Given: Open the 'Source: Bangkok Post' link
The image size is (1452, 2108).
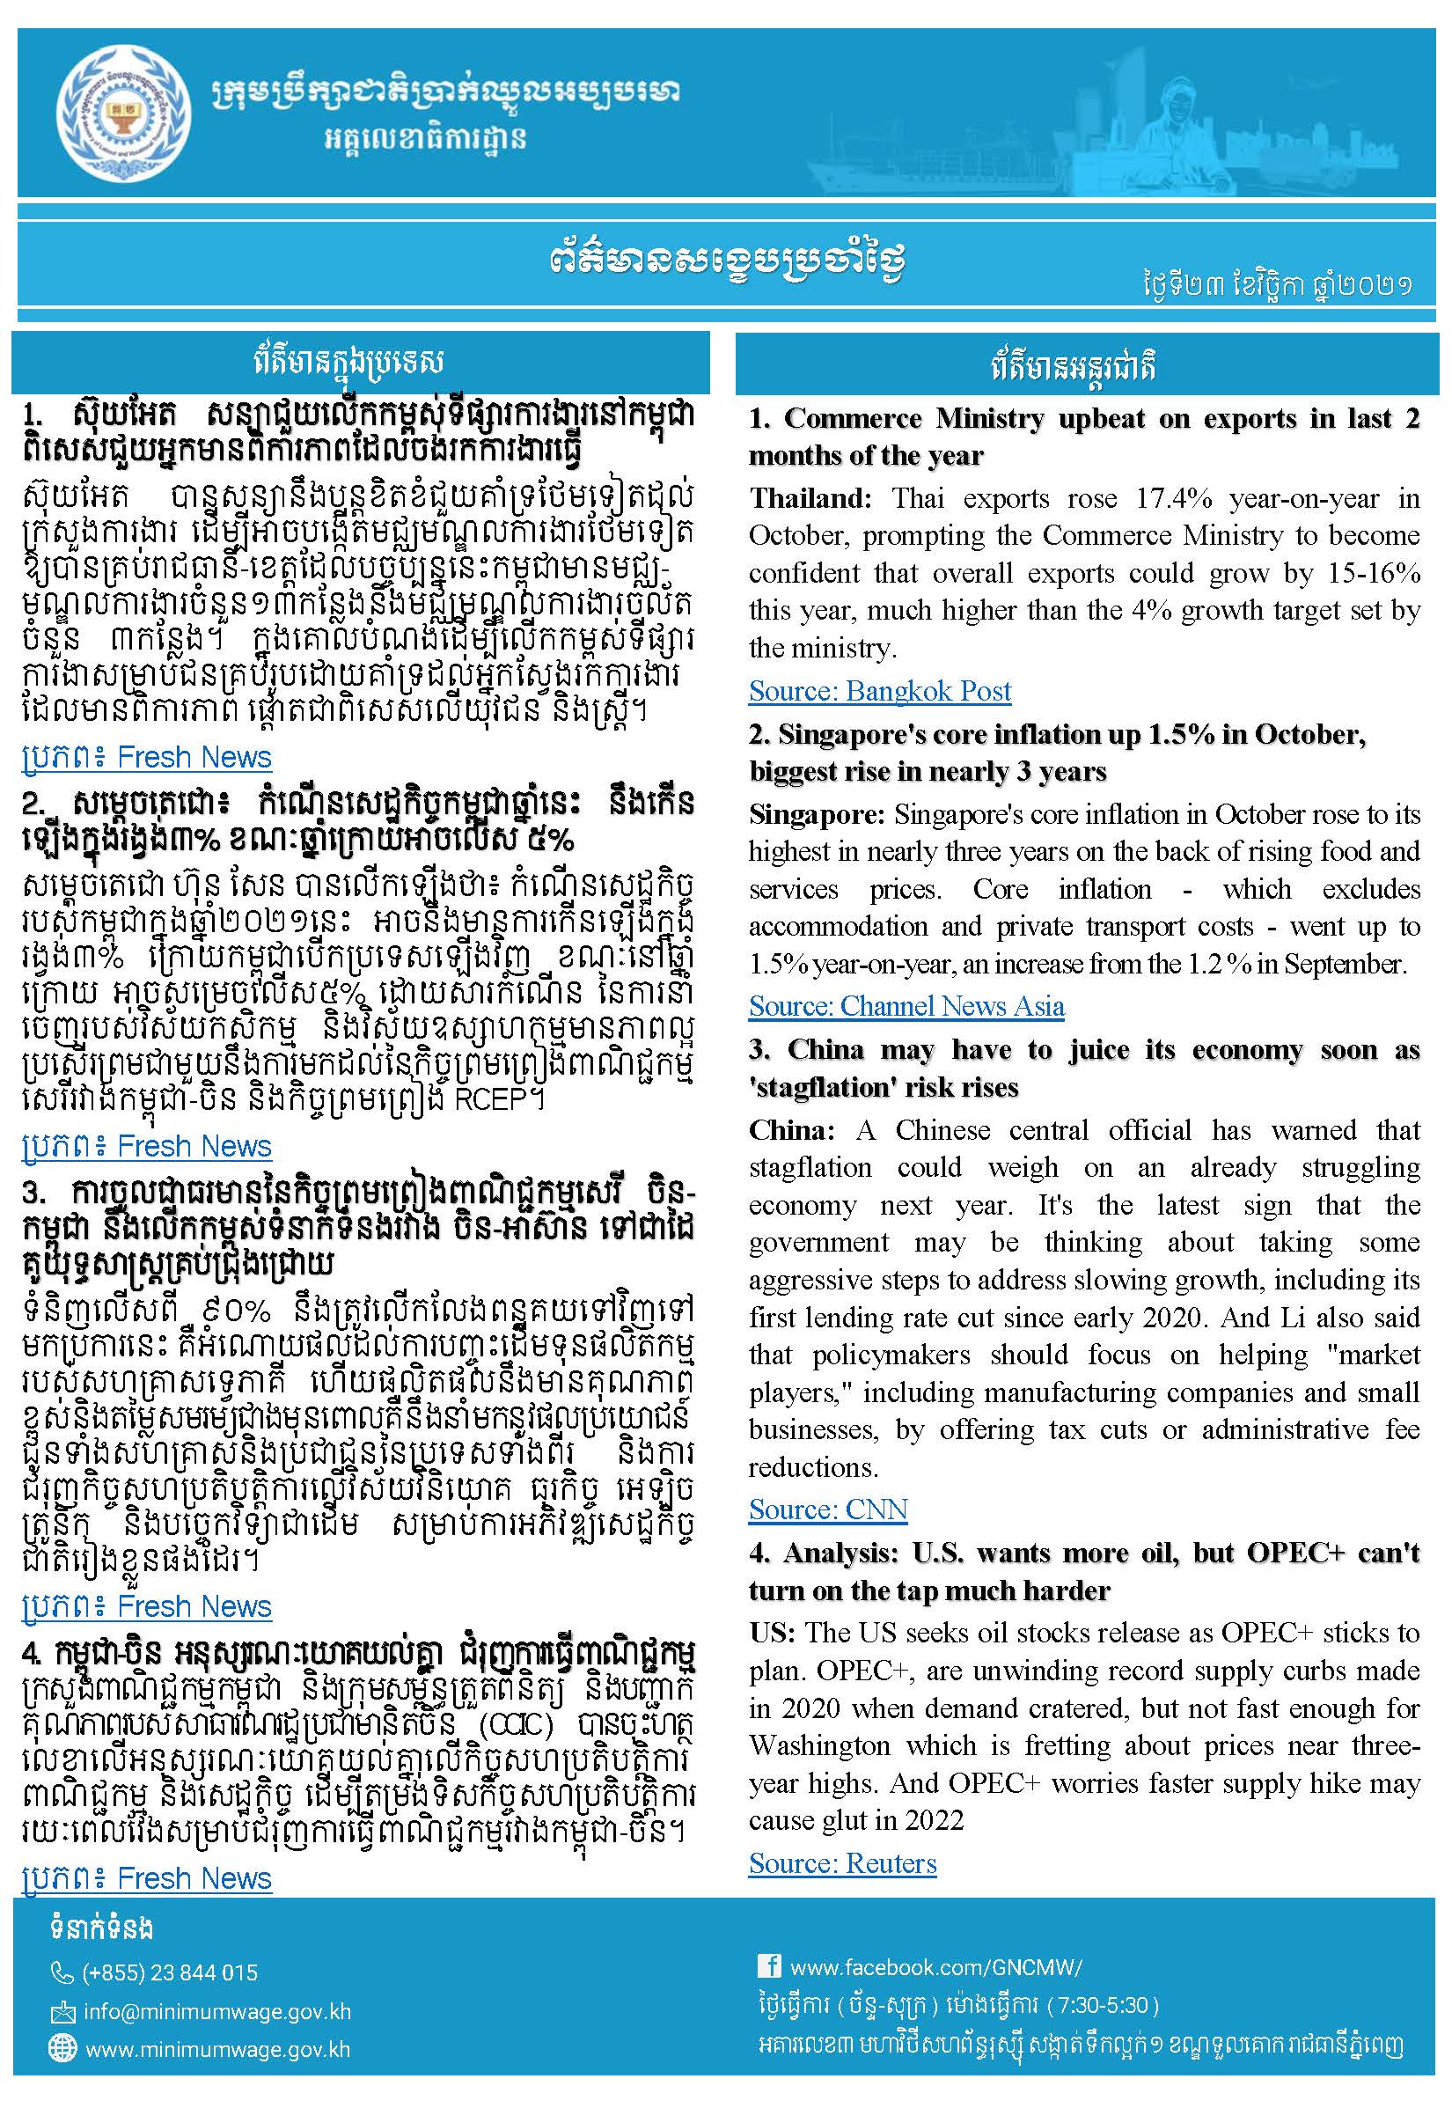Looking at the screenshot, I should pos(879,691).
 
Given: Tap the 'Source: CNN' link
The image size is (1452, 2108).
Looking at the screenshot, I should pos(828,1509).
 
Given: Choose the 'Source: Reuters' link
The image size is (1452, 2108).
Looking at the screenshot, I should pos(842,1863).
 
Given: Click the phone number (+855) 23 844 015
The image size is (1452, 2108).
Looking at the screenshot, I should pos(170,1972).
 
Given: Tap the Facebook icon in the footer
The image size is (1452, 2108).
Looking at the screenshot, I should pos(769,1966).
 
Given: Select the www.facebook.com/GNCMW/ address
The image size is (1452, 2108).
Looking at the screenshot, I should pos(936,1967).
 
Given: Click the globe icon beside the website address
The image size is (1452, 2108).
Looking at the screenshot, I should pos(62,2048).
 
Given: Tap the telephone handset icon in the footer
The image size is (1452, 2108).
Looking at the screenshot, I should pos(61,1972).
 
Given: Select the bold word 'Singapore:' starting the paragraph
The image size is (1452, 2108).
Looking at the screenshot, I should pos(816,814).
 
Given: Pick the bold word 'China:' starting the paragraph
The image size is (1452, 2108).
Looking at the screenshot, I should pos(791,1130).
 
